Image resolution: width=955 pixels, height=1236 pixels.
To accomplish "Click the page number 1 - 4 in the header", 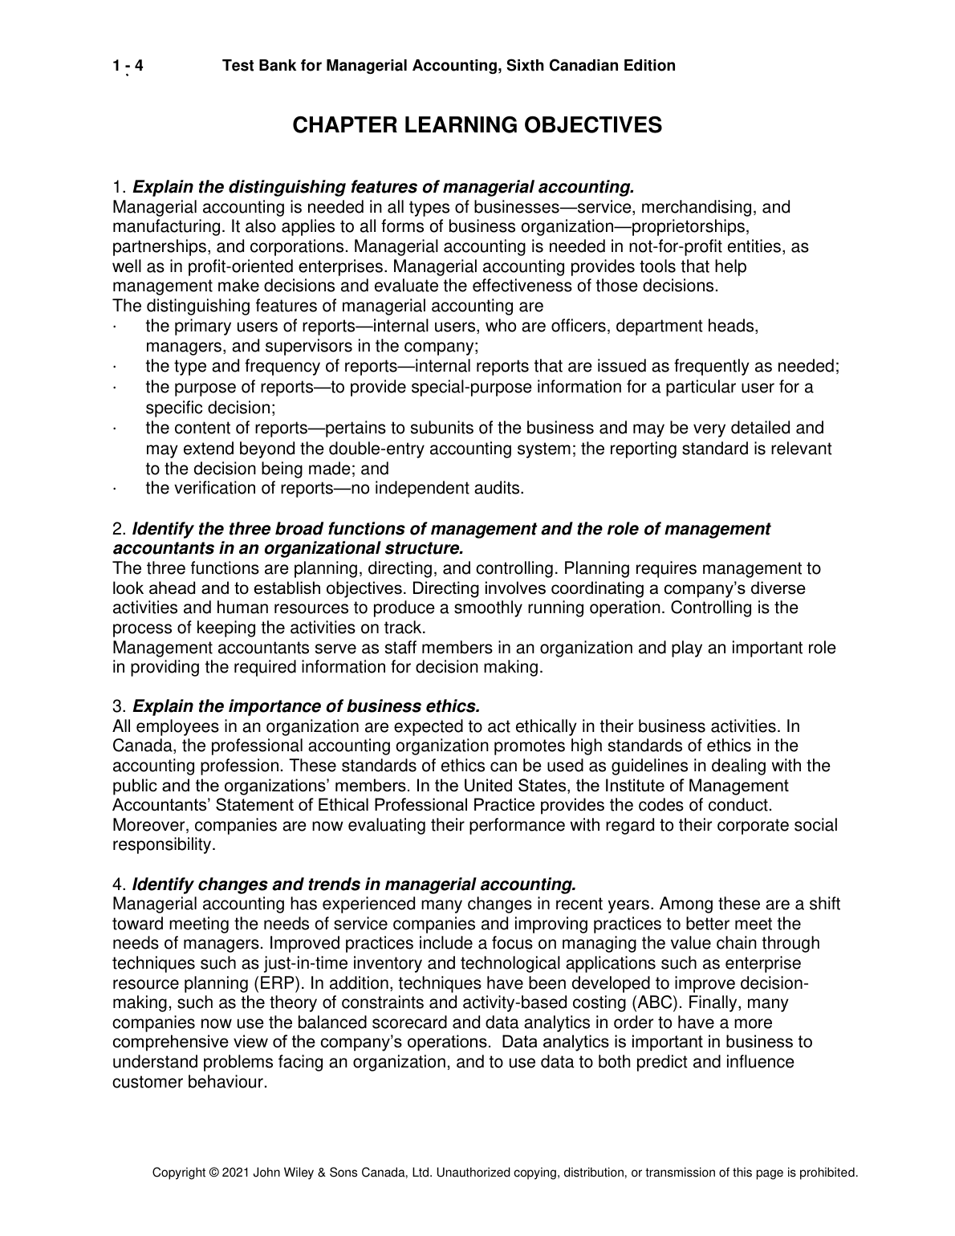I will [128, 66].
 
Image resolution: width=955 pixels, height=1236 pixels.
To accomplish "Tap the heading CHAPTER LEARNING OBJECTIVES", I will [477, 125].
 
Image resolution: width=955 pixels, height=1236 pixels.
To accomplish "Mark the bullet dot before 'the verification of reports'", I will [116, 489].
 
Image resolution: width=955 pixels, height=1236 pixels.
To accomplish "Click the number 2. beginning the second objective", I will [120, 529].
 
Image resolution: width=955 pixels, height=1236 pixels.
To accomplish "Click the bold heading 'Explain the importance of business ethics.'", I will [305, 706].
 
